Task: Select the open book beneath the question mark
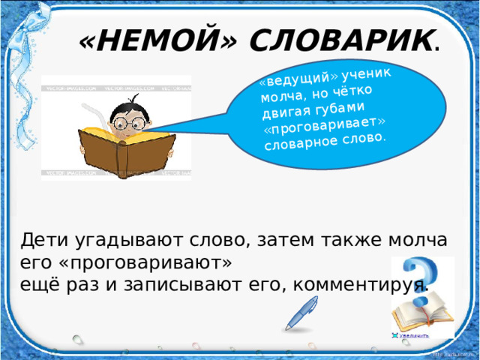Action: coord(421,312)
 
